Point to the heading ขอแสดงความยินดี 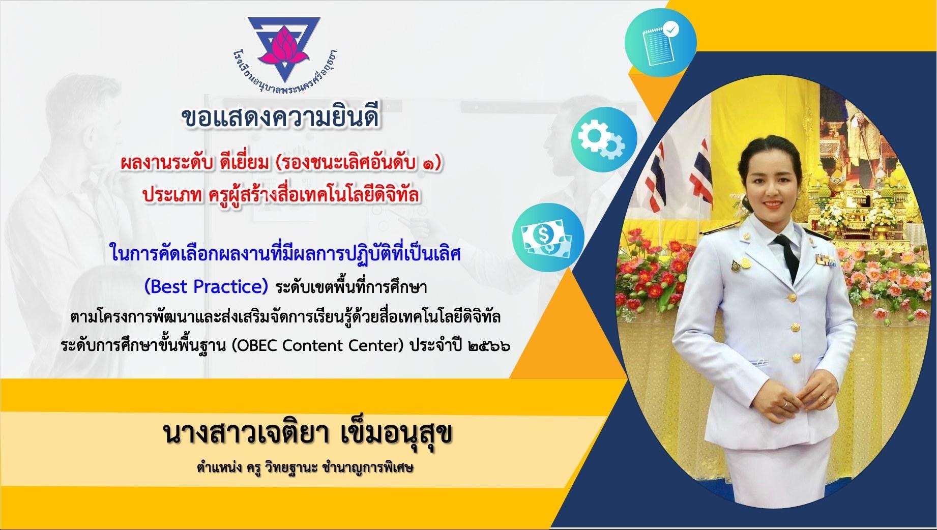click(281, 117)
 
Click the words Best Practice click(206, 287)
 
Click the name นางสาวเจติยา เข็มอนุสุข click(308, 435)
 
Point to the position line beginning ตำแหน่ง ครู click(305, 468)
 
